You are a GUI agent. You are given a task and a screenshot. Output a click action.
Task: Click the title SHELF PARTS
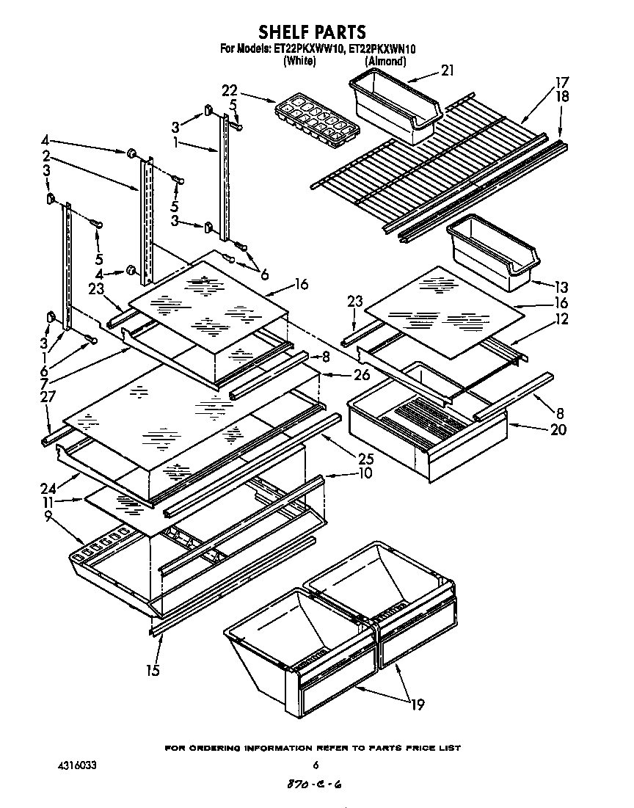click(x=312, y=32)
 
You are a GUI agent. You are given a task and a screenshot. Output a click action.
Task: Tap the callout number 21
click(x=448, y=70)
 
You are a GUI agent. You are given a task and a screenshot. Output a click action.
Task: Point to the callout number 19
click(x=418, y=705)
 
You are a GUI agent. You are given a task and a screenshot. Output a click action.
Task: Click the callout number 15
click(x=153, y=669)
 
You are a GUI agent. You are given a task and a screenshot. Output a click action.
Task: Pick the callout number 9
click(x=48, y=516)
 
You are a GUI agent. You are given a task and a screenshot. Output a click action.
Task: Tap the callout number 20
click(x=558, y=430)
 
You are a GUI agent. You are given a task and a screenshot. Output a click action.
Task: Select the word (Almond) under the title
click(x=385, y=62)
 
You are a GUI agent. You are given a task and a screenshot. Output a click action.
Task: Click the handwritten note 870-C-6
click(x=313, y=785)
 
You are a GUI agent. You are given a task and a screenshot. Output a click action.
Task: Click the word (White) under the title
click(x=299, y=62)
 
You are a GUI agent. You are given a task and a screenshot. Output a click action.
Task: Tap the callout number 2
click(x=45, y=156)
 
